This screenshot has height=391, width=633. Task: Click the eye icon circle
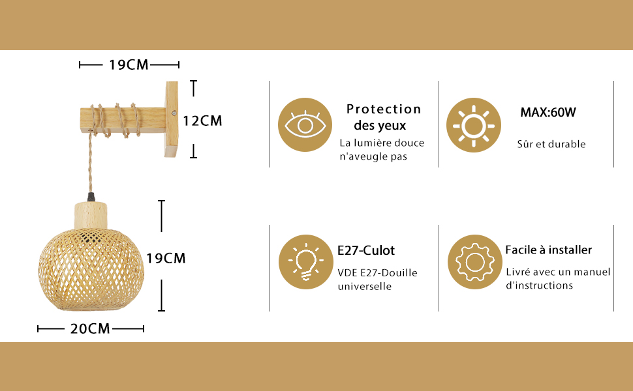point(305,125)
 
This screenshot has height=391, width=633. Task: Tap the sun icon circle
point(473,125)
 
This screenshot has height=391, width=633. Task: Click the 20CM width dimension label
point(90,328)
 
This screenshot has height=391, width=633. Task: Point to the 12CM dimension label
point(202,121)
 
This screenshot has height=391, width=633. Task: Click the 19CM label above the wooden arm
point(129,65)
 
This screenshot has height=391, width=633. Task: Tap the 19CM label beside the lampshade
point(166,258)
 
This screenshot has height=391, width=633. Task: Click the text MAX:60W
point(548,112)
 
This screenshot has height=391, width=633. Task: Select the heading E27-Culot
point(366,251)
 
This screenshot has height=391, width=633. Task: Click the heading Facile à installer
point(549,250)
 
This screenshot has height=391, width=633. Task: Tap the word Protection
point(384,109)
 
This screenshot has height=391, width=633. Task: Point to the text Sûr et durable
point(551,144)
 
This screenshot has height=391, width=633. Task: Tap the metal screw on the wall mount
point(174,114)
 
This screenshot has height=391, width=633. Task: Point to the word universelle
point(365,286)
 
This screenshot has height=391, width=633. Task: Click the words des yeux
point(380,126)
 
